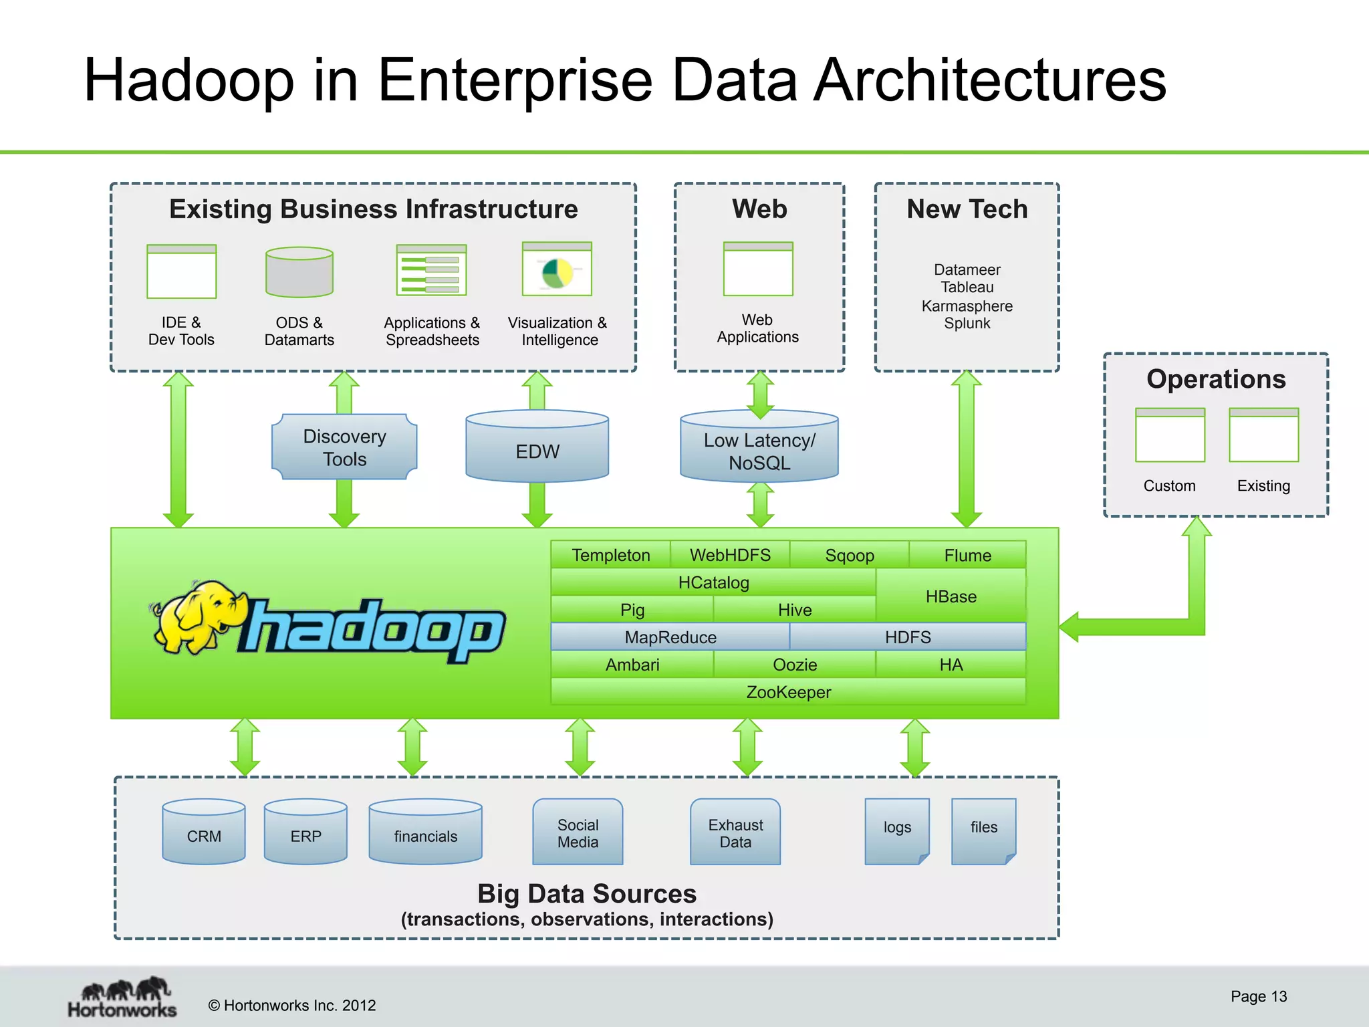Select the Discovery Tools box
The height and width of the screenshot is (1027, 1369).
point(344,447)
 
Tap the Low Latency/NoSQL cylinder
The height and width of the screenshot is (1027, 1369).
point(759,448)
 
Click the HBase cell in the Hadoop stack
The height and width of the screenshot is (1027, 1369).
point(951,596)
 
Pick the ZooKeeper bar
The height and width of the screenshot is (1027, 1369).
point(788,692)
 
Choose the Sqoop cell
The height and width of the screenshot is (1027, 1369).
point(849,555)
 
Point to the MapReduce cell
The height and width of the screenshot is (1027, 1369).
point(670,637)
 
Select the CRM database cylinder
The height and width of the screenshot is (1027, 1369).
point(204,832)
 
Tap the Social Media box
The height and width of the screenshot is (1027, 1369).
point(578,832)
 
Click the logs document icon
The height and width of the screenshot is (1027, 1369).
point(897,830)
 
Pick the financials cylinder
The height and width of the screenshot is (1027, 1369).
point(425,832)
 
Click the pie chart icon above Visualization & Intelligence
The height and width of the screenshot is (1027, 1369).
point(557,271)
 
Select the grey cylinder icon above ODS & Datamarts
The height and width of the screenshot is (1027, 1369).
point(299,272)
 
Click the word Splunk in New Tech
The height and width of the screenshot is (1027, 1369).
point(967,324)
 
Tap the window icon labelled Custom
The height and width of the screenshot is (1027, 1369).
point(1170,435)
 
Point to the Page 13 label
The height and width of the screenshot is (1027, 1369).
point(1258,996)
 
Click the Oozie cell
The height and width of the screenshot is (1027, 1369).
point(794,665)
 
